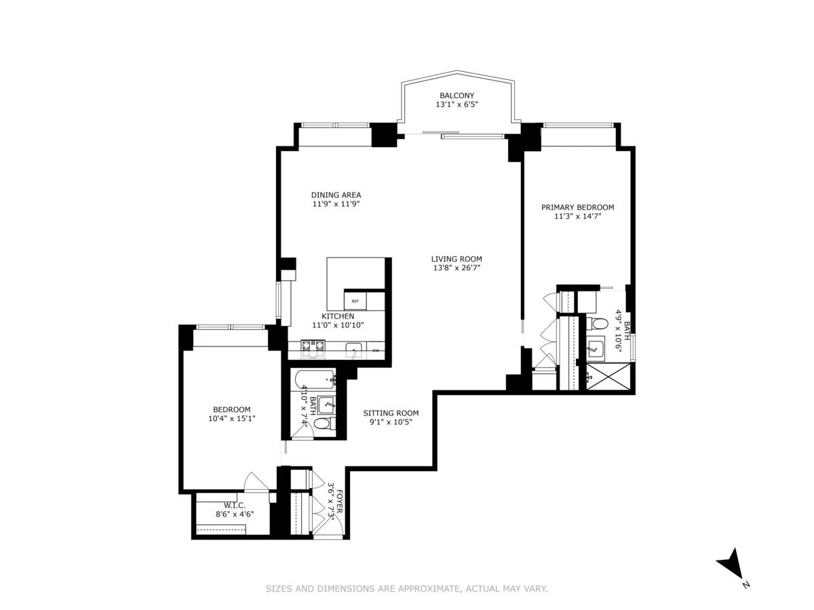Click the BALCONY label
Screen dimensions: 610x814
[x=457, y=96]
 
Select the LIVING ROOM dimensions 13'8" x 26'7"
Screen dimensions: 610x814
[x=457, y=268]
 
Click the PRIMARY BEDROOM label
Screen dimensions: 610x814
[x=577, y=207]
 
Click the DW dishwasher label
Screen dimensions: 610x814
[x=375, y=350]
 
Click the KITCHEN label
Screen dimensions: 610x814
[x=337, y=316]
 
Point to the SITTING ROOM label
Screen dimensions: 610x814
[x=390, y=413]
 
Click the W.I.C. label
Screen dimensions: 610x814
[x=234, y=505]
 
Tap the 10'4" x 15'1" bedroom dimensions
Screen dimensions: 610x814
[x=231, y=419]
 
